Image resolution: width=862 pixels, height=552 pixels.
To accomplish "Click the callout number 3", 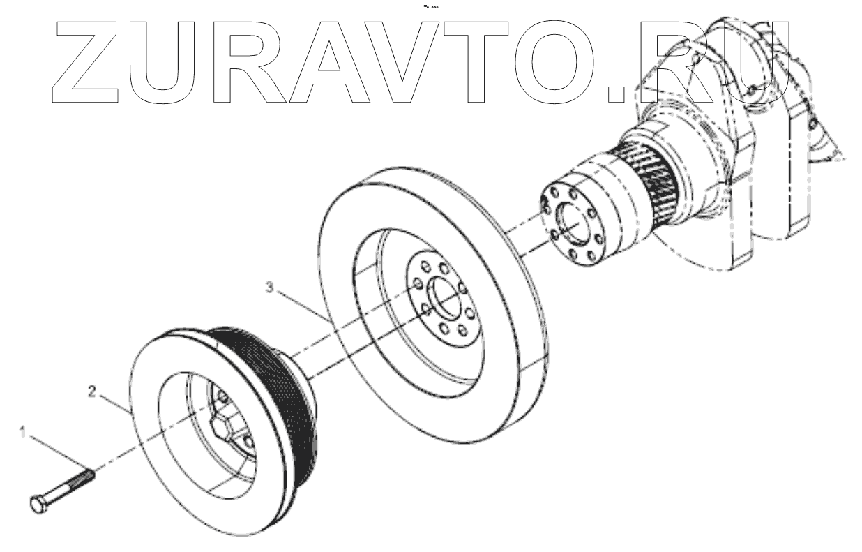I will [269, 286].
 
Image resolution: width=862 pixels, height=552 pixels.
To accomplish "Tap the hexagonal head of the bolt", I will [40, 504].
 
